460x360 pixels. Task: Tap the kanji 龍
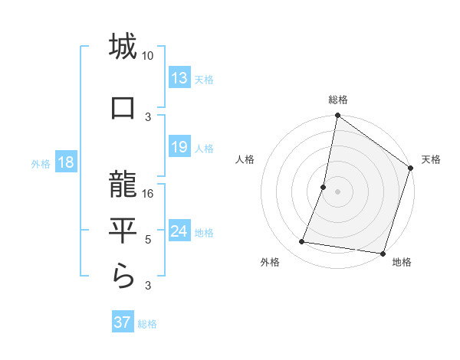tap(123, 184)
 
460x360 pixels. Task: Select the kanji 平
tap(123, 231)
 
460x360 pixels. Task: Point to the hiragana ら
tap(123, 276)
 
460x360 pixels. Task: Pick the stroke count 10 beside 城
tap(148, 56)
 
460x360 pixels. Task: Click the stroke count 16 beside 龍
tap(148, 194)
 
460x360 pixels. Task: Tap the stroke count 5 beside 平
tap(148, 240)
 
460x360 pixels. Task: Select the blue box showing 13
tap(179, 78)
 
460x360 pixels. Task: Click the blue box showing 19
tap(179, 147)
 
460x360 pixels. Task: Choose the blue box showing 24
tap(179, 231)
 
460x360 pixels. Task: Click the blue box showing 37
tap(122, 322)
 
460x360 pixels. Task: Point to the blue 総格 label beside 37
tap(147, 324)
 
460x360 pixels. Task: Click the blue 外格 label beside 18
tap(41, 164)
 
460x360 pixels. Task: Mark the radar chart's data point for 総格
tap(337, 116)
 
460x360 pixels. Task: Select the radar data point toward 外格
tap(302, 242)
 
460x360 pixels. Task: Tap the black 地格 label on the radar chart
tap(402, 262)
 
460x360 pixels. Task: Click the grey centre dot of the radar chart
tap(337, 191)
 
